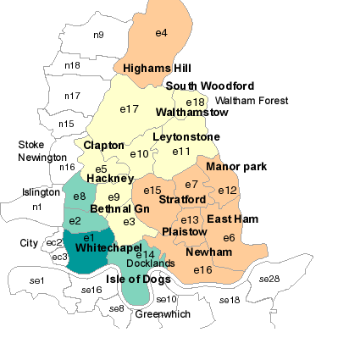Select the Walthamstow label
192,112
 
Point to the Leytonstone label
186,137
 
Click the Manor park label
236,167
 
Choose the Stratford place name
182,200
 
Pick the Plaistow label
184,231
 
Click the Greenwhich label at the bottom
163,314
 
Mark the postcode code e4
161,33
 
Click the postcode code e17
129,108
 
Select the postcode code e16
202,270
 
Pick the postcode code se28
269,279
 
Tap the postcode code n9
98,35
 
